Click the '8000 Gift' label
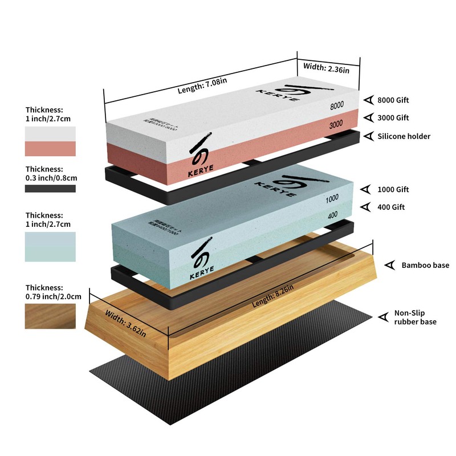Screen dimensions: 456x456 393,100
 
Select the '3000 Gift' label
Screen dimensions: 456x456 393,118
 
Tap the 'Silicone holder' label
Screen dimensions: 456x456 404,136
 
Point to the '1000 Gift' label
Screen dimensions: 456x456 393,189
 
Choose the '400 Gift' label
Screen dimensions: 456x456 391,207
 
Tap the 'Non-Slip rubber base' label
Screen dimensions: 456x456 415,317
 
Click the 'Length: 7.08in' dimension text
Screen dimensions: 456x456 202,85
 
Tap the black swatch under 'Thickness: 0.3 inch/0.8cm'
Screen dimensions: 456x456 50,189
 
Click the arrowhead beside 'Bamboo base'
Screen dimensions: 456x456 390,265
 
